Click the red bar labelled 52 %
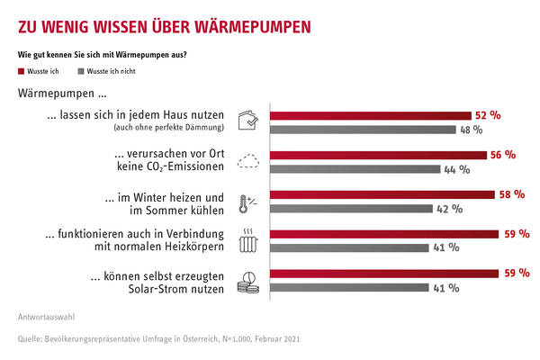371,116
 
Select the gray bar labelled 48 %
363,130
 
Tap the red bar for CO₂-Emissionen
378,155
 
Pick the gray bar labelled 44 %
355,169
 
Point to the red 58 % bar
382,194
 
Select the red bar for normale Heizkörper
384,234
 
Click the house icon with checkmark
248,121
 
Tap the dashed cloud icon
248,162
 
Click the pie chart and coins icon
248,281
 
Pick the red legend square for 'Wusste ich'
21,71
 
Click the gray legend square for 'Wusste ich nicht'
80,71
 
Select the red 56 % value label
502,155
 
